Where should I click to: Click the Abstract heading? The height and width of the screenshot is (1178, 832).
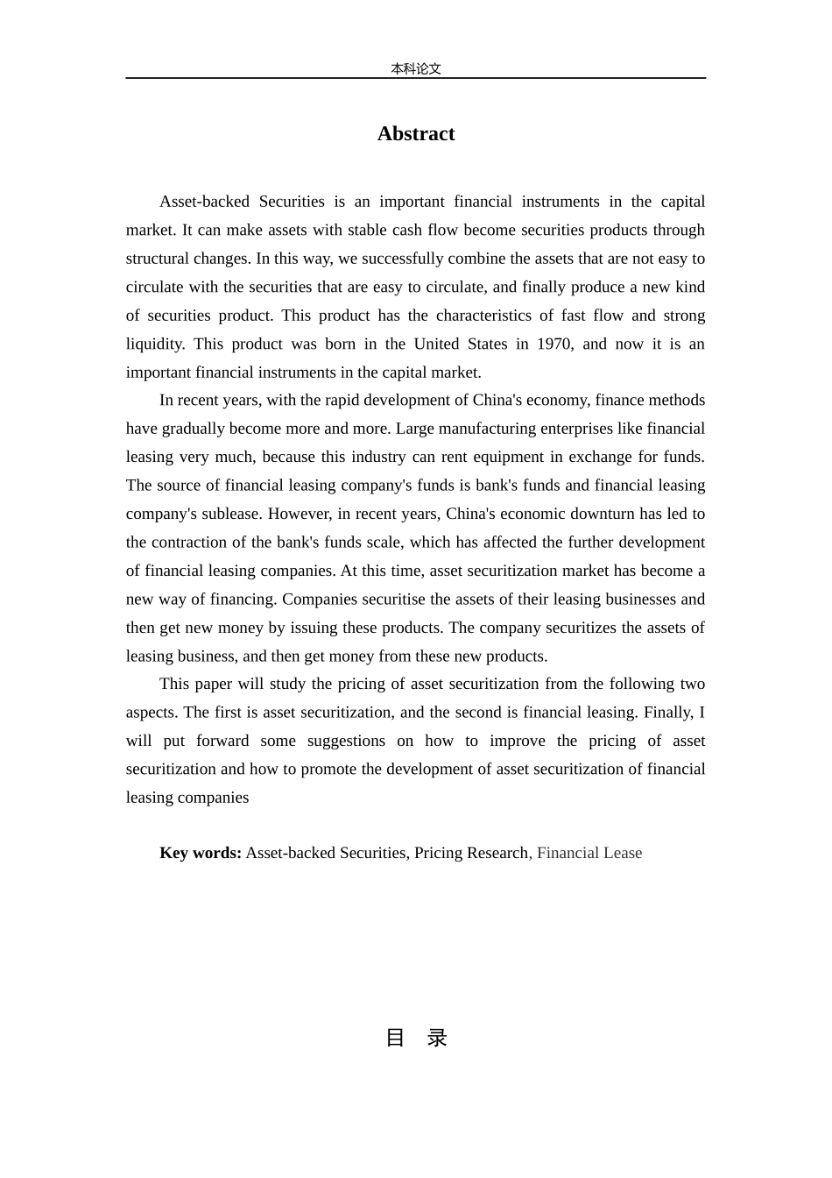tap(415, 133)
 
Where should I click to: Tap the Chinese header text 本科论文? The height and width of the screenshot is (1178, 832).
tap(415, 68)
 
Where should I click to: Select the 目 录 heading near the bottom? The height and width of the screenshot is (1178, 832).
tap(416, 1038)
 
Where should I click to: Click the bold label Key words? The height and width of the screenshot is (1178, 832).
tap(201, 853)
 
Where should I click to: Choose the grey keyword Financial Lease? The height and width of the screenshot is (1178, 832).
tap(589, 853)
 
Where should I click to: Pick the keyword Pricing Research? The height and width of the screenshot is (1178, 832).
tap(471, 853)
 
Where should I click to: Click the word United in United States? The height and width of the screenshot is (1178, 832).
tap(436, 344)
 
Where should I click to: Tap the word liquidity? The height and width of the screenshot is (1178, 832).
tap(154, 344)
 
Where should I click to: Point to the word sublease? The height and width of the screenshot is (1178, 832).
tap(229, 514)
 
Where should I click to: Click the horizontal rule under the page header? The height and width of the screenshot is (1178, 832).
tap(415, 78)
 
